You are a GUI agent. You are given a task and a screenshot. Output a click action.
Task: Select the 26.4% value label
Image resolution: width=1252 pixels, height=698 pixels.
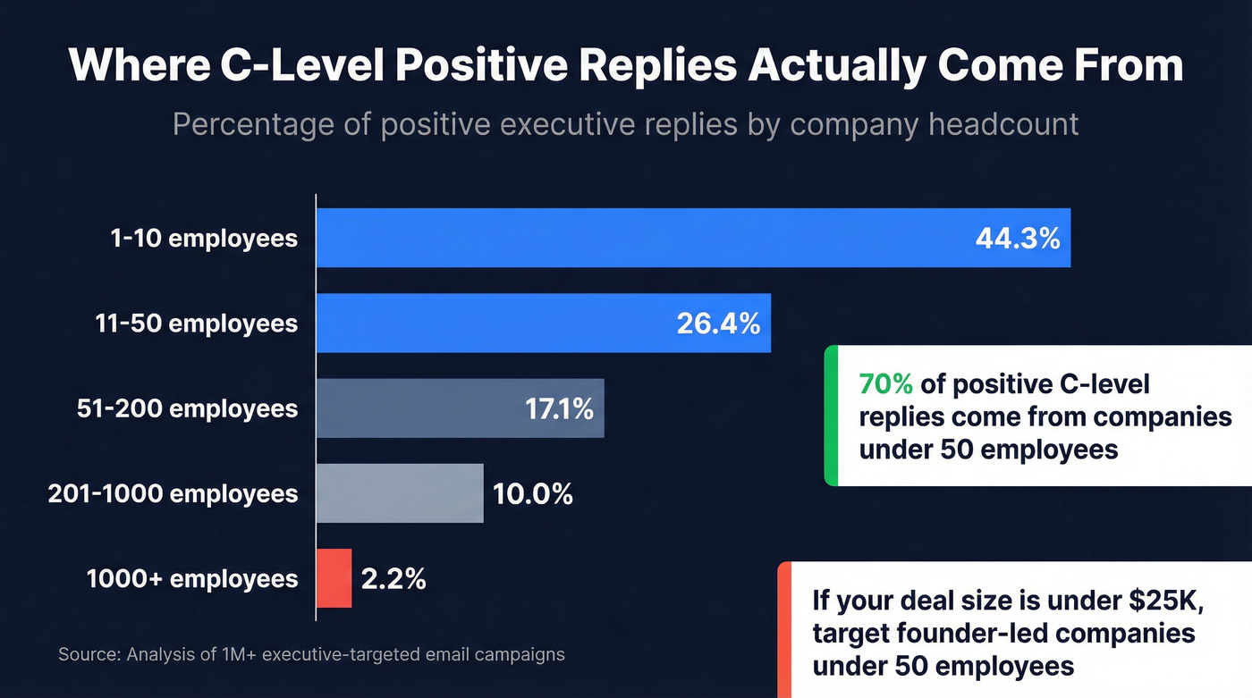pos(718,324)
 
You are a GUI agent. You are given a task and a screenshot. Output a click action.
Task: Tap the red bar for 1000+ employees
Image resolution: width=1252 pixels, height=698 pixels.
pos(334,578)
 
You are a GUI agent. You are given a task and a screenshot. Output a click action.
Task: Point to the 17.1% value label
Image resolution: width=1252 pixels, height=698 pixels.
pos(558,408)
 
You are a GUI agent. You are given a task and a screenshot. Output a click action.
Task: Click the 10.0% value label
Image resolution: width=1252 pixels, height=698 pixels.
pos(532,493)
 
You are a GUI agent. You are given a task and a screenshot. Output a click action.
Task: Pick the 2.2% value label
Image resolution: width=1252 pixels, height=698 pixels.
pos(393,578)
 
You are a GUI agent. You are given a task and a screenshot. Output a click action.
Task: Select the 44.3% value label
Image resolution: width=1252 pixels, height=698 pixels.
pos(1018,238)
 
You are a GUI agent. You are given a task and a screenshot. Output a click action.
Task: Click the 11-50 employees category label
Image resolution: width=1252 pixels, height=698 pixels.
pos(196,324)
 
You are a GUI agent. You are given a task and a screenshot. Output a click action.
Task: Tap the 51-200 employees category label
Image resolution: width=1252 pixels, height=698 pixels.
pos(187,408)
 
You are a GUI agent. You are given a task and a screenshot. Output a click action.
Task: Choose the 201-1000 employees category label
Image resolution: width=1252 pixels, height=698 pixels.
pos(173,493)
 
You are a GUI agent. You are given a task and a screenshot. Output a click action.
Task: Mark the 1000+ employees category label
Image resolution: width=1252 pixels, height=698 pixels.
pos(192,578)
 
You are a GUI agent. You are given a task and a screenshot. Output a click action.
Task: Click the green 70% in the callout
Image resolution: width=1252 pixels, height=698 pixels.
pos(885,384)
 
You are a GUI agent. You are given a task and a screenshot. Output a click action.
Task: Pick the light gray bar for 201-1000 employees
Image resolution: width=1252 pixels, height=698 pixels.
pos(400,493)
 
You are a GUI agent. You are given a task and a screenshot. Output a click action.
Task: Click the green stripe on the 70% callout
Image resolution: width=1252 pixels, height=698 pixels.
pos(831,416)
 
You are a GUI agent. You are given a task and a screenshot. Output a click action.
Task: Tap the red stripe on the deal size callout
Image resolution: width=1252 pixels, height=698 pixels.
pos(784,630)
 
